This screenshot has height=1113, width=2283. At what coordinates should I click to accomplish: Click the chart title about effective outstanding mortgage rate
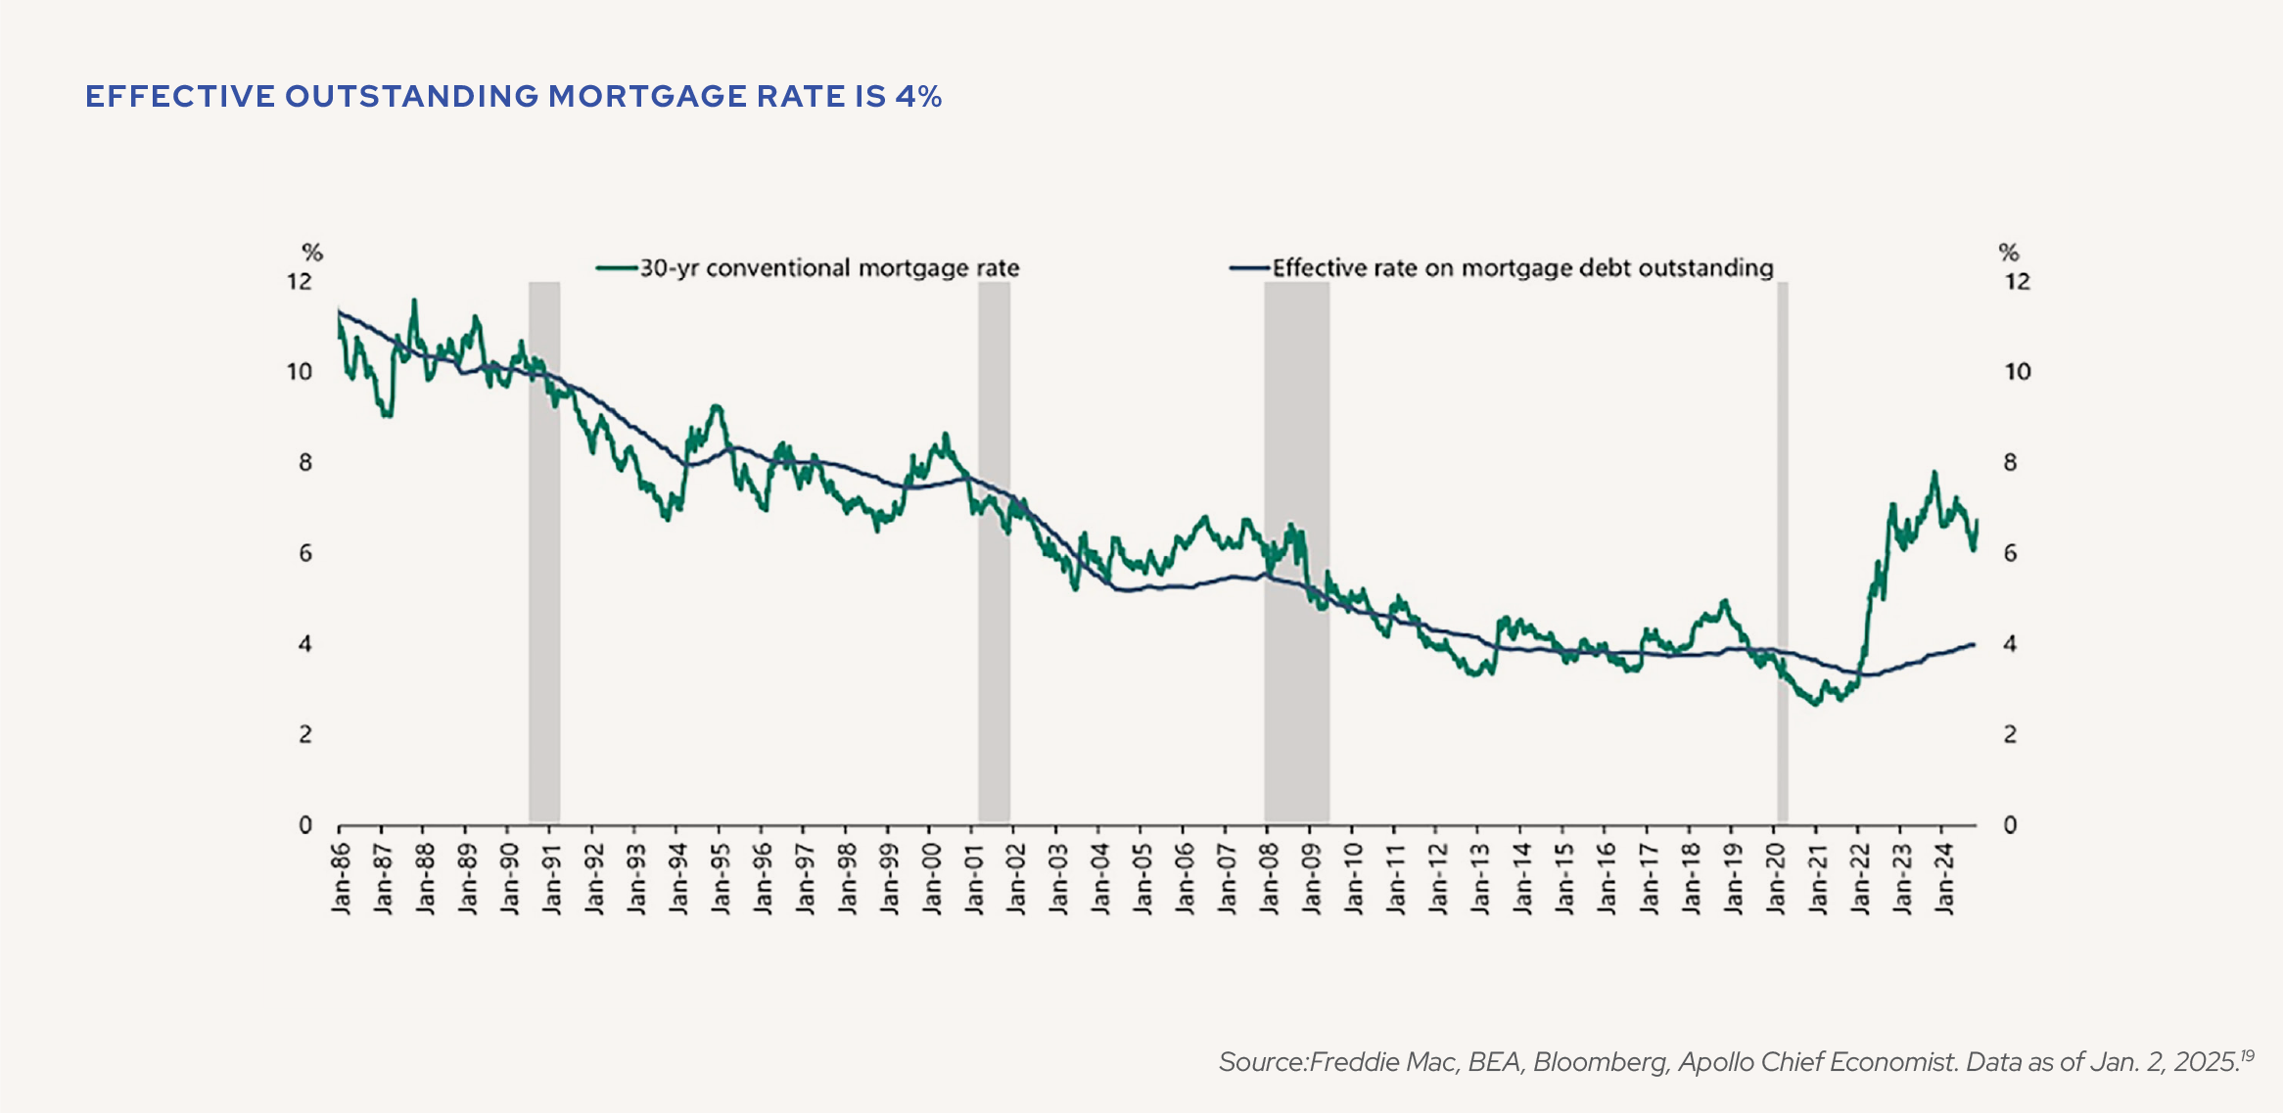[513, 96]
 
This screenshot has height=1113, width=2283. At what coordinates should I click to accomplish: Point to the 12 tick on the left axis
[299, 282]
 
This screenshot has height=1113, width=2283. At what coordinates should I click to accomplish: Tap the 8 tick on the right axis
[2010, 463]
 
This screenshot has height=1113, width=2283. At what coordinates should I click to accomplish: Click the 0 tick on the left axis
[304, 825]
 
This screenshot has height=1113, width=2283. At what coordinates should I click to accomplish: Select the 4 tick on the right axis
[2010, 644]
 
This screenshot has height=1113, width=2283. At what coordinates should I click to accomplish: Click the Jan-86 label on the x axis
[341, 878]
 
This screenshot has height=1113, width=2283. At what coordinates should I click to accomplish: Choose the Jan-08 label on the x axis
[1270, 878]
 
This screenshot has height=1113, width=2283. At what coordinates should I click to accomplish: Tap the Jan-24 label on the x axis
[1945, 878]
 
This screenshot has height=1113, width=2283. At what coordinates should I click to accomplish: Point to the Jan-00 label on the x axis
[932, 878]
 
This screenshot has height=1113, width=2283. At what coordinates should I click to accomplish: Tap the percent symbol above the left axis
[312, 253]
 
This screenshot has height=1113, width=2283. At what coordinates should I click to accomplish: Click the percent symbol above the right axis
[2009, 253]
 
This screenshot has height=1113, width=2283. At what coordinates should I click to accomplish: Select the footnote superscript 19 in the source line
[2247, 1055]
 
